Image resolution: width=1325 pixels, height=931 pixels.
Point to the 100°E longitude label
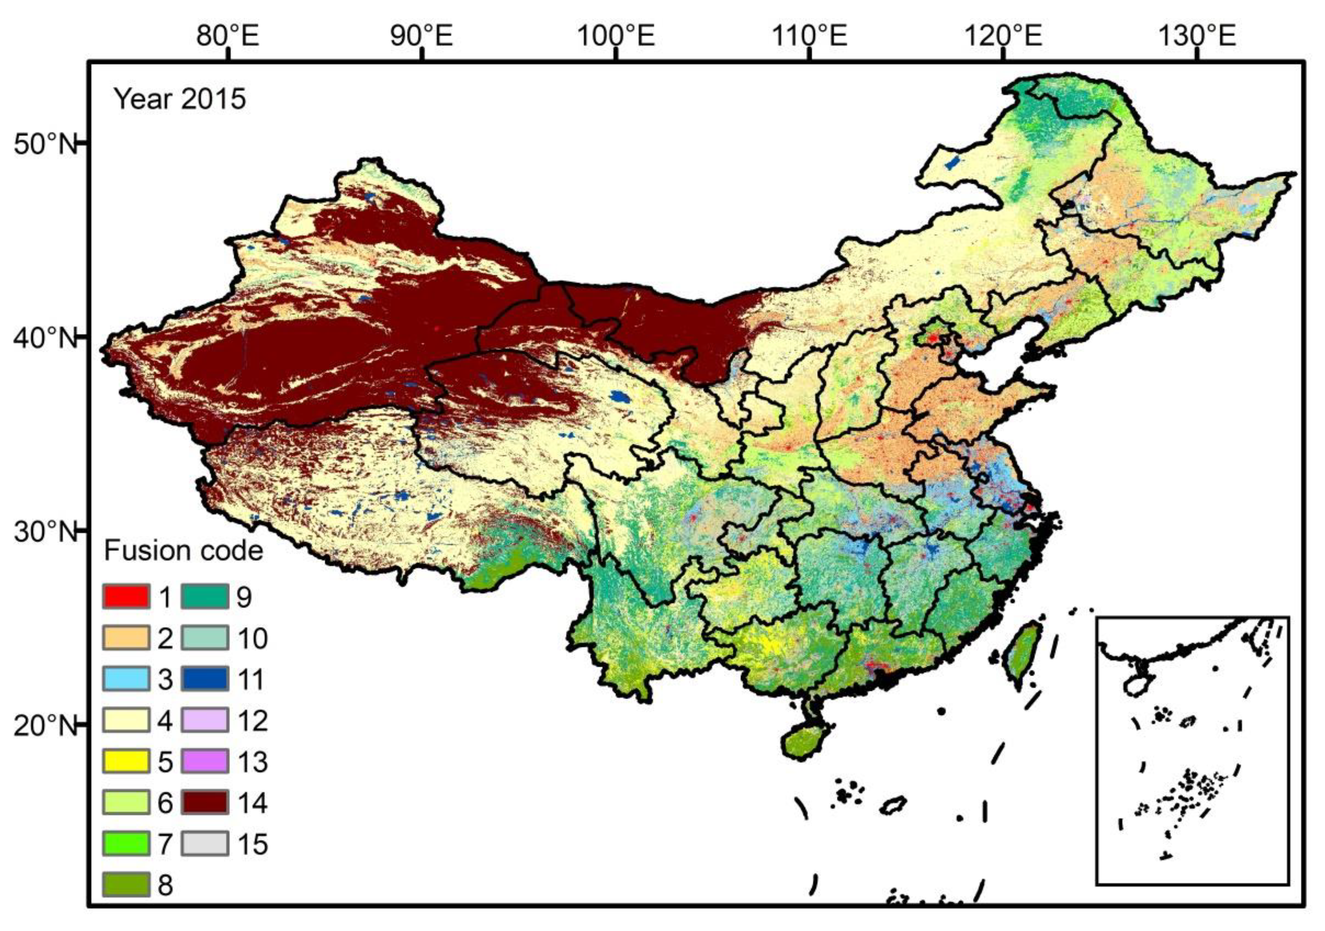click(616, 36)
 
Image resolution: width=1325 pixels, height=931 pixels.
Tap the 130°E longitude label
click(1198, 36)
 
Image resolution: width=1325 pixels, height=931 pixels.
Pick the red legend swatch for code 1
click(126, 597)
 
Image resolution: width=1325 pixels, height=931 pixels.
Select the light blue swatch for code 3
click(126, 679)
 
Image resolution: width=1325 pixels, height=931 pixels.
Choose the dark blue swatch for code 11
click(205, 679)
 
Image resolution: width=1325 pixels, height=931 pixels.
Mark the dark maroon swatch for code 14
click(205, 803)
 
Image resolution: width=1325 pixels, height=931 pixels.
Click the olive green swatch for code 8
click(126, 885)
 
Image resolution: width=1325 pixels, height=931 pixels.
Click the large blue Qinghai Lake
click(620, 397)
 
